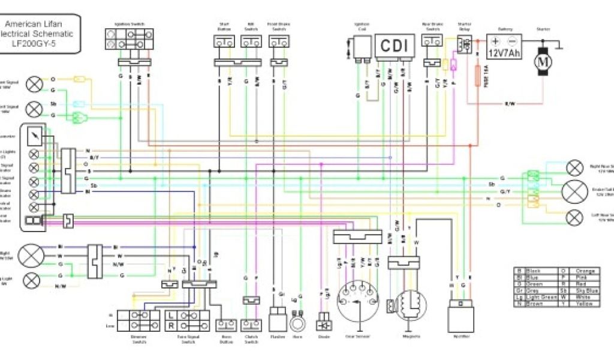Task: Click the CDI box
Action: pos(395,46)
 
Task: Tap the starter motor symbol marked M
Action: pos(543,61)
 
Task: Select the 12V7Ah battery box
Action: pos(504,46)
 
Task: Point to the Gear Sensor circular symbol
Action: pos(359,301)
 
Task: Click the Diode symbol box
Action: pos(325,319)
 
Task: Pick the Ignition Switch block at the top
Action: pos(128,39)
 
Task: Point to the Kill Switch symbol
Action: pos(251,41)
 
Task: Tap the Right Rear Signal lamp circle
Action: pos(575,167)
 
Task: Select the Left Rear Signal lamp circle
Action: pos(575,217)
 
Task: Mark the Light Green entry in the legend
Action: pos(538,297)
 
